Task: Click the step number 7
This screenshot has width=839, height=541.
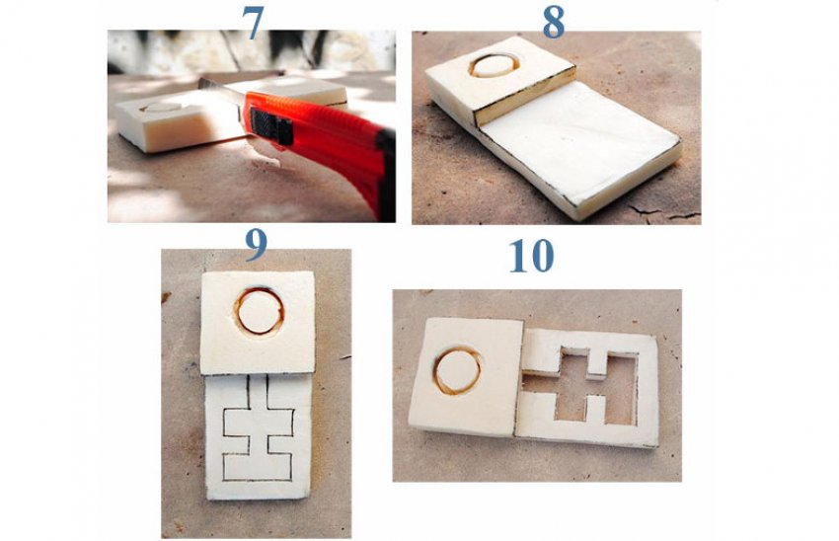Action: [x=253, y=23]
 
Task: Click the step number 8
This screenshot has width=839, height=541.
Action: [x=554, y=23]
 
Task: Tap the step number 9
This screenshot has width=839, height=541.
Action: [x=256, y=245]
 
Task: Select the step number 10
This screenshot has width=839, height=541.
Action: [x=531, y=256]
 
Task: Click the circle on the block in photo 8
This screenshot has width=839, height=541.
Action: [x=494, y=65]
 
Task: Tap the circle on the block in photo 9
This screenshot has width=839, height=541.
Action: [x=259, y=311]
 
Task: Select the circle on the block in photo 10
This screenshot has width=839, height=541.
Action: [x=457, y=370]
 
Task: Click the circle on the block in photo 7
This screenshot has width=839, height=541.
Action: [x=161, y=108]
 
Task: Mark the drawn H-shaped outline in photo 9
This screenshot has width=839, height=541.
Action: [x=258, y=428]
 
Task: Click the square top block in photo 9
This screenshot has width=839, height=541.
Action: [x=258, y=322]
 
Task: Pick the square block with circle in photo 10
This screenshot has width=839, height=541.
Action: [x=465, y=377]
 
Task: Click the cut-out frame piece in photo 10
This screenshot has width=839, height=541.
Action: [x=587, y=388]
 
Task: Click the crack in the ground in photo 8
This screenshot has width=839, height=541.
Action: [x=663, y=213]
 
